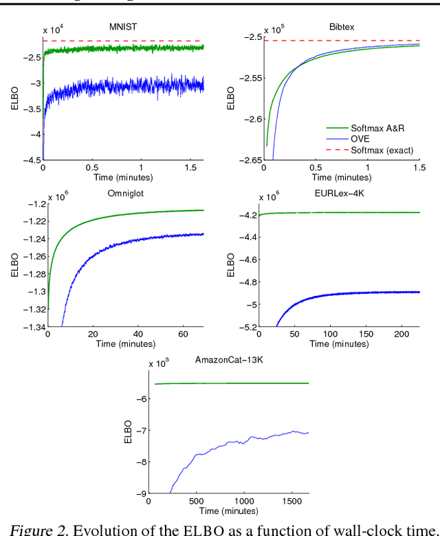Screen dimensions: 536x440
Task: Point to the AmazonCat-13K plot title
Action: tap(229, 360)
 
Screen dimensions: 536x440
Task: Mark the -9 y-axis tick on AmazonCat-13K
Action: tap(142, 493)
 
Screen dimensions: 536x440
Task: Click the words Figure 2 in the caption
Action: tap(34, 528)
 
